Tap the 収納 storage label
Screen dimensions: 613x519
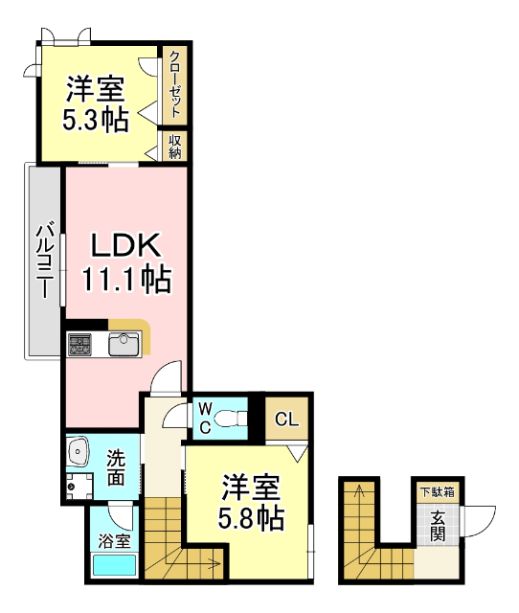(175, 146)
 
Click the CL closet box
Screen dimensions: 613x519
(286, 419)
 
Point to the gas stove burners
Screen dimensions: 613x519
(79, 343)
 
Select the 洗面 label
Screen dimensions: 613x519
(116, 466)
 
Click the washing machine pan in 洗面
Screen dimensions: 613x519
(79, 485)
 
